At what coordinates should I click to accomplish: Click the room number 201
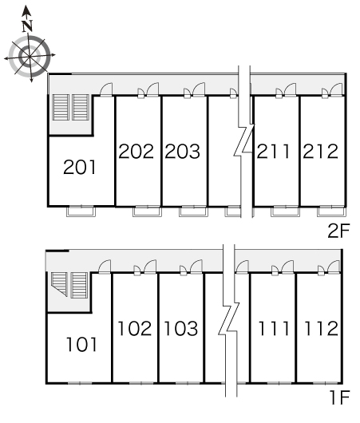pos(79,167)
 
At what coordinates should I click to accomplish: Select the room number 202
pos(136,151)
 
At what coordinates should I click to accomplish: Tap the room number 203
pos(183,151)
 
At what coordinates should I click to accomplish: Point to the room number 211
pos(273,151)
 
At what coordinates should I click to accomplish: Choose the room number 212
pos(320,151)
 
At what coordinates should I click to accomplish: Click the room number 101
pos(81,344)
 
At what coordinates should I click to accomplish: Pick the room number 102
pos(135,328)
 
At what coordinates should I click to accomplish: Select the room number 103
pos(181,328)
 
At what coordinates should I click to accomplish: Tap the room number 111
pos(274,328)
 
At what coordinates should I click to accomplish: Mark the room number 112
pos(321,328)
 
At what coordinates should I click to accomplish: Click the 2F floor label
pos(338,231)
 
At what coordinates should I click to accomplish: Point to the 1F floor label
pos(339,397)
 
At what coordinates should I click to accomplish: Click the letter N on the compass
pos(27,26)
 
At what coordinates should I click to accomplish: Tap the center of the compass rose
pos(30,56)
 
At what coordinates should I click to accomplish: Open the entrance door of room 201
pos(106,89)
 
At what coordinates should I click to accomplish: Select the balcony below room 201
pos(81,211)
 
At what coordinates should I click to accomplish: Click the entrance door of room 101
pos(105,267)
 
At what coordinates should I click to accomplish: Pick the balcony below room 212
pos(332,211)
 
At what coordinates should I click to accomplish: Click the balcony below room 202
pos(147,211)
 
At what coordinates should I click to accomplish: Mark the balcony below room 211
pos(286,211)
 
